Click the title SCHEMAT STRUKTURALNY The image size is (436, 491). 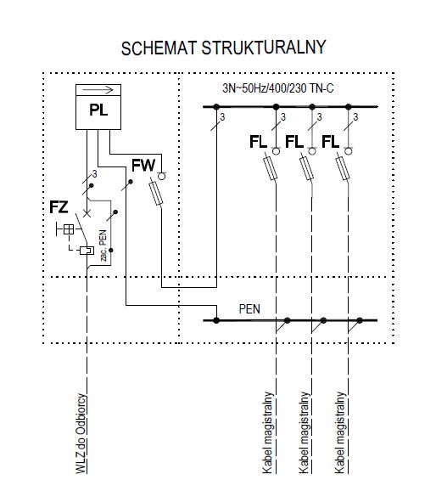[223, 48]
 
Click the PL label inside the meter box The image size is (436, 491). [98, 110]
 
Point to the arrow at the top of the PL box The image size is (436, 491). [98, 90]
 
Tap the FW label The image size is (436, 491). [143, 166]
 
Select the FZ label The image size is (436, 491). [59, 207]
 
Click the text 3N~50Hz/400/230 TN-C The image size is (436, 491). [277, 88]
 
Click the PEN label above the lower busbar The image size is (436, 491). [249, 309]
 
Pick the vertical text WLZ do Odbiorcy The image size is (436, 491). [81, 433]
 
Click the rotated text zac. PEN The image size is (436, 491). [103, 245]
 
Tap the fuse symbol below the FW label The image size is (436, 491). [156, 194]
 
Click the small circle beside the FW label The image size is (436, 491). [161, 177]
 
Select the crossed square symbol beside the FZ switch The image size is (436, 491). [69, 229]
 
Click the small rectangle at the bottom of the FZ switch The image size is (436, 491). [87, 251]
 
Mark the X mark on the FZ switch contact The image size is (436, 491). [87, 214]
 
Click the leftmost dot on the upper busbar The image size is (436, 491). [216, 107]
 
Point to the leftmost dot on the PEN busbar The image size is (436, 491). [216, 320]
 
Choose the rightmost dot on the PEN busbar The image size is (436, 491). [360, 320]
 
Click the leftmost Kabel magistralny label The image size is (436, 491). [268, 432]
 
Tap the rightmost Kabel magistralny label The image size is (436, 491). [340, 432]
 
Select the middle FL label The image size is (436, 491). [294, 142]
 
